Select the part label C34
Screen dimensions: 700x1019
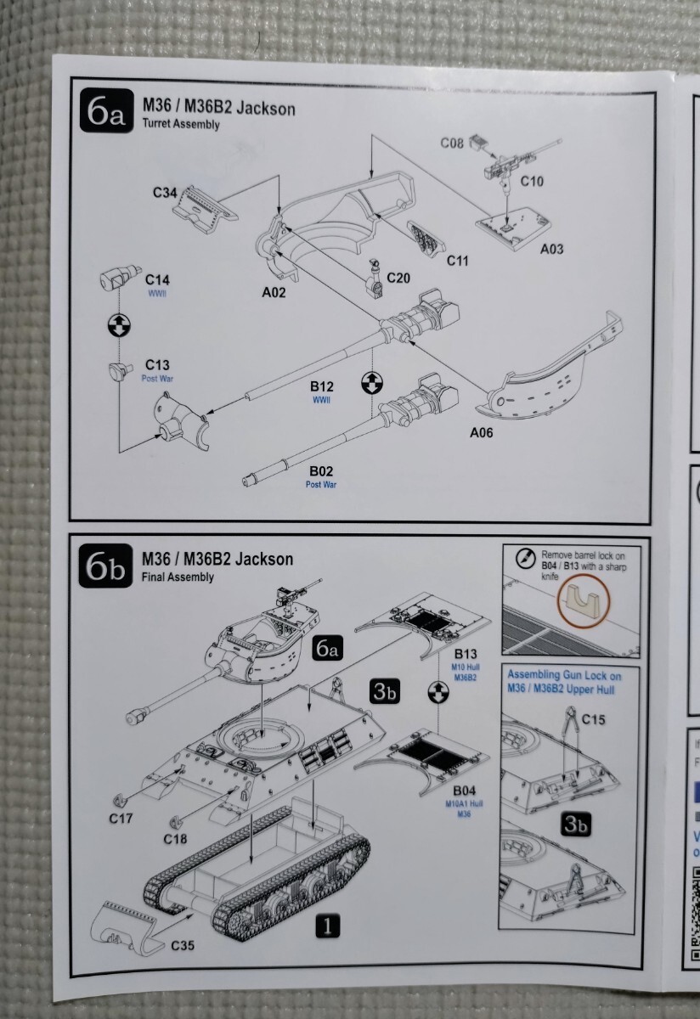[x=165, y=194]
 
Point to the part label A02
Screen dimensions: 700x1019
[x=273, y=293]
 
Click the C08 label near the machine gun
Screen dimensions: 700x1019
[x=452, y=143]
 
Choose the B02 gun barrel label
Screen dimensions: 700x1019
[x=322, y=470]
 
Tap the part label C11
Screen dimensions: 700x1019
[x=458, y=260]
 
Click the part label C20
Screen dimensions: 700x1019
[x=398, y=278]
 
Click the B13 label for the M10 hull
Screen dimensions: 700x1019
[x=466, y=653]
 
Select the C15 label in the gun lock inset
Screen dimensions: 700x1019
[x=595, y=719]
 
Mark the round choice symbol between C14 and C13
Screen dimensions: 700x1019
[x=121, y=324]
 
